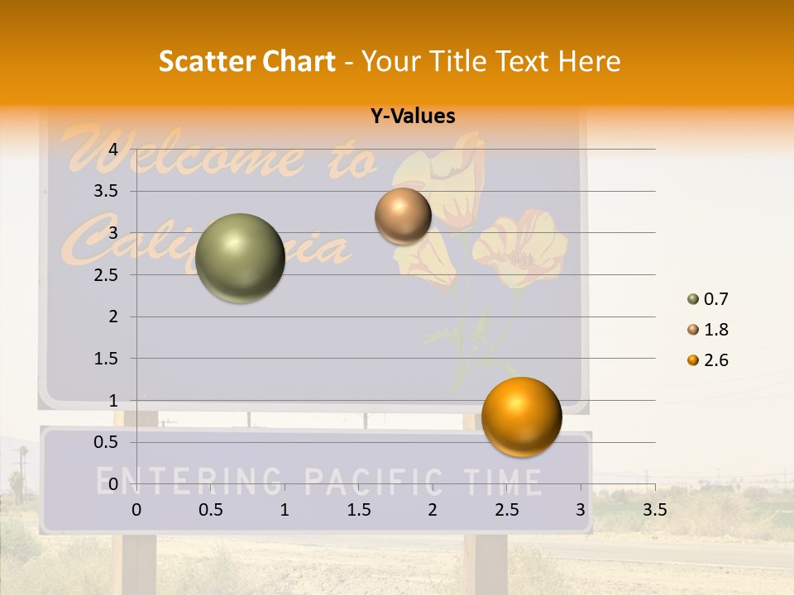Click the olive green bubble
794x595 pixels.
[x=240, y=258]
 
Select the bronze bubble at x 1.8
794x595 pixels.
[x=403, y=216]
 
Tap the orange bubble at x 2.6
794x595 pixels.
[x=521, y=416]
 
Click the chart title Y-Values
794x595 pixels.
[x=413, y=117]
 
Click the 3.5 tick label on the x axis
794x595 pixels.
[x=654, y=510]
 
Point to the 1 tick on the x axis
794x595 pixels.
[x=285, y=510]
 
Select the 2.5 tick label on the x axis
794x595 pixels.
[x=506, y=510]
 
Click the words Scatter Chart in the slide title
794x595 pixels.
[x=246, y=61]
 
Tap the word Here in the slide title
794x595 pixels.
[x=589, y=61]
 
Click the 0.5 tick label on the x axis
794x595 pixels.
[x=210, y=510]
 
